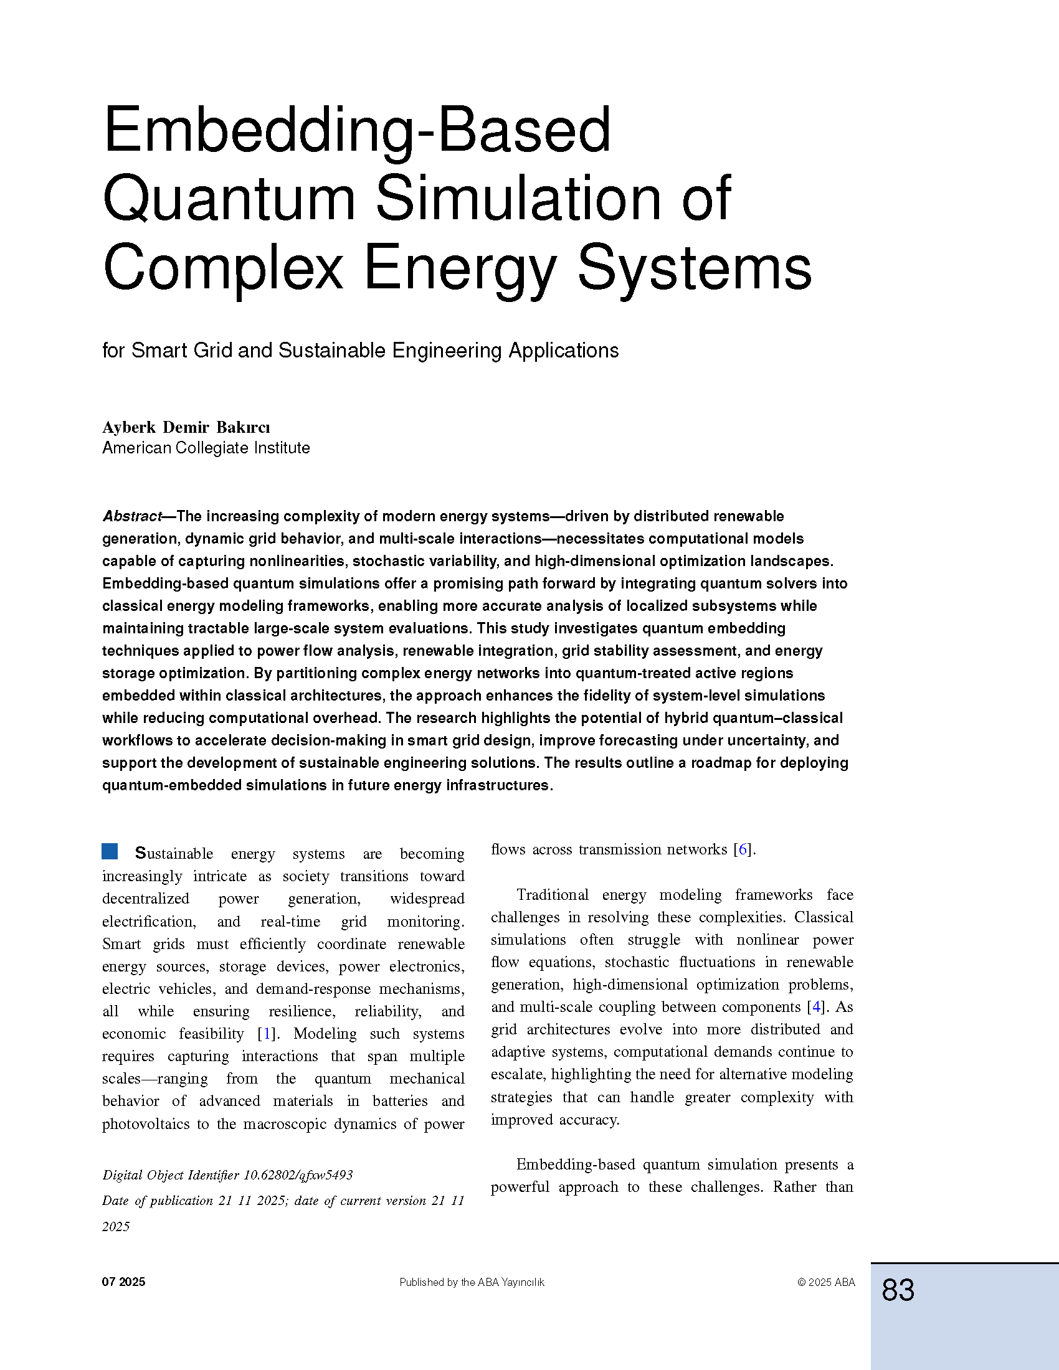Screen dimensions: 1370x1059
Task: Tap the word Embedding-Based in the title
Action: pyautogui.click(x=356, y=130)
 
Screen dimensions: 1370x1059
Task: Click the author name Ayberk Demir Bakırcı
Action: pyautogui.click(x=186, y=427)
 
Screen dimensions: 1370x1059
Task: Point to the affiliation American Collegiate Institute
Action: pyautogui.click(x=206, y=448)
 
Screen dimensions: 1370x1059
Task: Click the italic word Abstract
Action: pyautogui.click(x=131, y=516)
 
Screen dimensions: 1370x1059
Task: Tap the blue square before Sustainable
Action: pyautogui.click(x=110, y=851)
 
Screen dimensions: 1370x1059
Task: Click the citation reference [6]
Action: pyautogui.click(x=743, y=849)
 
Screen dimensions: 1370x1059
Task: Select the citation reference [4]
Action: pyautogui.click(x=816, y=1007)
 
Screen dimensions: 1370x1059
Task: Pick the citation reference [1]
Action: pyautogui.click(x=267, y=1034)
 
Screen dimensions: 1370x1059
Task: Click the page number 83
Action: pyautogui.click(x=898, y=1290)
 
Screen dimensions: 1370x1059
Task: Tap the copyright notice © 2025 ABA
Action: pyautogui.click(x=825, y=1282)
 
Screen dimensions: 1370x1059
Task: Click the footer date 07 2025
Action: pyautogui.click(x=123, y=1282)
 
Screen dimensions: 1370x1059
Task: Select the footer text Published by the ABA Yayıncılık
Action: pyautogui.click(x=472, y=1283)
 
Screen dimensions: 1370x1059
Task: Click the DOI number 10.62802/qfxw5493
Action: pyautogui.click(x=298, y=1175)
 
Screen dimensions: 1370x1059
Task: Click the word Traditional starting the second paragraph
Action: pyautogui.click(x=552, y=894)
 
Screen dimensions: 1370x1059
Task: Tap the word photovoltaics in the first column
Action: pyautogui.click(x=146, y=1123)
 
